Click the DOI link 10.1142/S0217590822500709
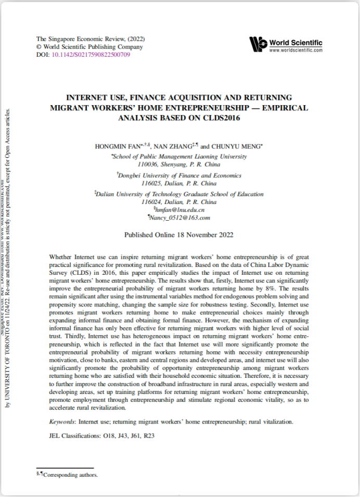click(x=91, y=54)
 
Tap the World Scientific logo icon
click(x=258, y=44)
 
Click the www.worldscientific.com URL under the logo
click(x=296, y=50)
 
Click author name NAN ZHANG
click(x=177, y=147)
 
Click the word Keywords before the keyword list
click(x=61, y=422)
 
